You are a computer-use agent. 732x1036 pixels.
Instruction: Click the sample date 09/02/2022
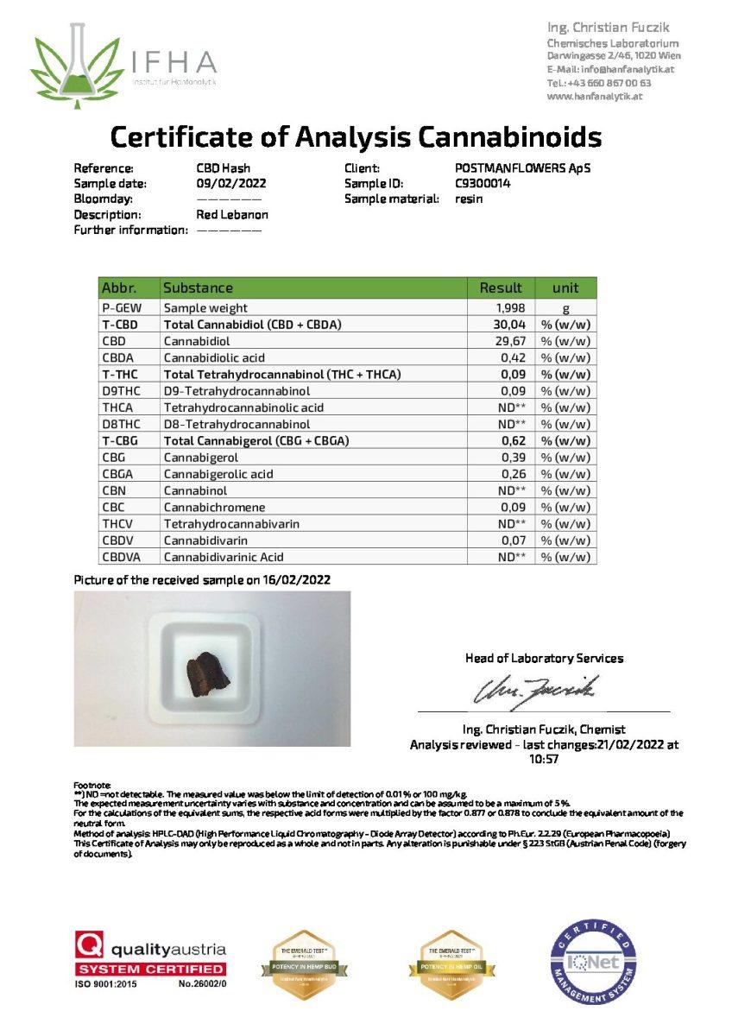(x=231, y=184)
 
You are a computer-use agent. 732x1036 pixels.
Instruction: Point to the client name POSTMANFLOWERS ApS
(x=524, y=168)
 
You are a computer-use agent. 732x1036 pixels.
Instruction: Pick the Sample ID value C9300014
(x=483, y=184)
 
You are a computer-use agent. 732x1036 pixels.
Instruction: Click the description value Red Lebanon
(x=232, y=215)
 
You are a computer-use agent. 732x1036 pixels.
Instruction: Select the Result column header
(x=501, y=288)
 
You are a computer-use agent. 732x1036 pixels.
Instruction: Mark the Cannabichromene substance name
(x=214, y=508)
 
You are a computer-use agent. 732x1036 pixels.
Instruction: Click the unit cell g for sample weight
(x=565, y=308)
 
